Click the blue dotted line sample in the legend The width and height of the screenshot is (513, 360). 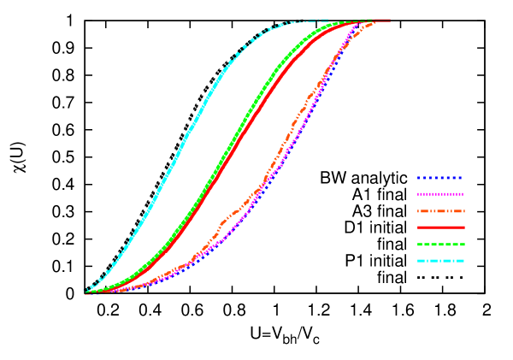click(440, 178)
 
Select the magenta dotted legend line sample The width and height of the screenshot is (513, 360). click(440, 194)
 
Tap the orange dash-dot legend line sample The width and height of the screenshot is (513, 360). click(440, 211)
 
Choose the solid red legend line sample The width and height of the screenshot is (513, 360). click(440, 227)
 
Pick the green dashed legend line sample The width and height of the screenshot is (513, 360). click(440, 245)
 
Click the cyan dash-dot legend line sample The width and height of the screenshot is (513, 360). click(440, 261)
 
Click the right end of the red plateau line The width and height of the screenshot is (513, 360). click(390, 20)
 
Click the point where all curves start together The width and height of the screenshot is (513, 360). click(86, 292)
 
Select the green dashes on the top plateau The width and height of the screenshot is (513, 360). click(366, 19)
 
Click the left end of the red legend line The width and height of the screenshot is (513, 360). click(418, 227)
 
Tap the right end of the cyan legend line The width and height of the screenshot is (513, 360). click(463, 261)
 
